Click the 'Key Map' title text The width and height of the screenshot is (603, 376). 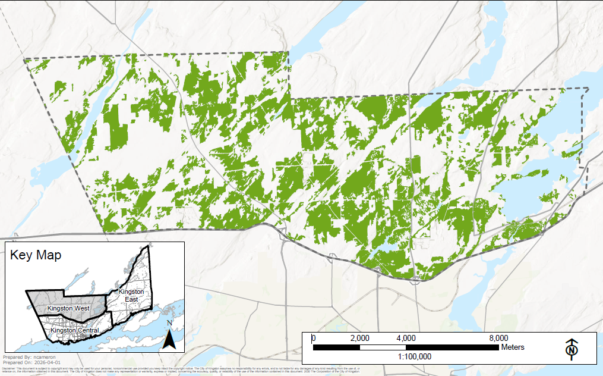pyautogui.click(x=36, y=255)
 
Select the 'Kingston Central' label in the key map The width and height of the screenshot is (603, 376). pyautogui.click(x=74, y=330)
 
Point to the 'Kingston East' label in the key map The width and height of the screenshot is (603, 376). pyautogui.click(x=131, y=295)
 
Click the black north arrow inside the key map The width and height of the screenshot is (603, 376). pyautogui.click(x=169, y=340)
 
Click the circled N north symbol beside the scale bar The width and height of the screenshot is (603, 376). pyautogui.click(x=572, y=350)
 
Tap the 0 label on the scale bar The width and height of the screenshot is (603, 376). pyautogui.click(x=314, y=338)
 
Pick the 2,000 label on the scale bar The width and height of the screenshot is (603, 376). pyautogui.click(x=359, y=338)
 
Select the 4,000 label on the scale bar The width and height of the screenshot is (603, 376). pyautogui.click(x=406, y=338)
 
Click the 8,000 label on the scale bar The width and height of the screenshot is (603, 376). pyautogui.click(x=498, y=338)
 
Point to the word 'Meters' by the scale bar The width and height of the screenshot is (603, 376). pyautogui.click(x=513, y=347)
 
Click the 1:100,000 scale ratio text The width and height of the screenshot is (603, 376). pyautogui.click(x=414, y=356)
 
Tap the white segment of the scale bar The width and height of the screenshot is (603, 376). pyautogui.click(x=383, y=347)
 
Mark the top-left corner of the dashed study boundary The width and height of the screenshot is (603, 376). pyautogui.click(x=24, y=59)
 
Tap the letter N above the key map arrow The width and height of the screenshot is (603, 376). pyautogui.click(x=169, y=323)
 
